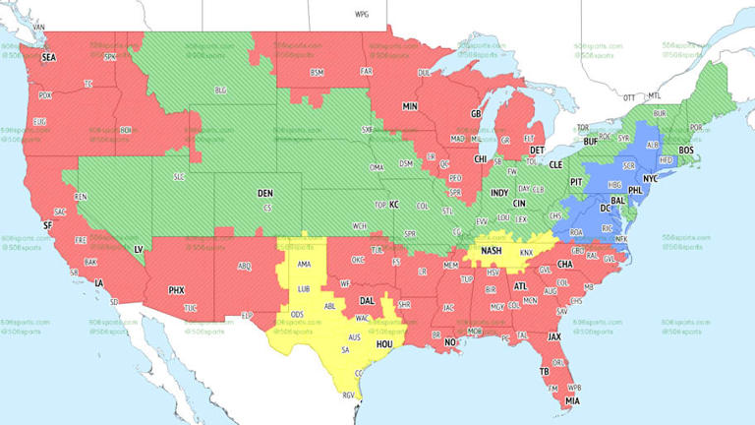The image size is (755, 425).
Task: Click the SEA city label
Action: pos(48,57)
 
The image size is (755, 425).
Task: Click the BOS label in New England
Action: pos(686,151)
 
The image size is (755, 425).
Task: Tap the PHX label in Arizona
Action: pos(176,290)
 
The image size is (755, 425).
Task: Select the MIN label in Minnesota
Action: pos(410,105)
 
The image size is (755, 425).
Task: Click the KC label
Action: pos(394,205)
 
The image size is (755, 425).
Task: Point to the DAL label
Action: pos(367,300)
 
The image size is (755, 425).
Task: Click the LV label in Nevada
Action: pos(138,250)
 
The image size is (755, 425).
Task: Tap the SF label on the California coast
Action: pos(46,225)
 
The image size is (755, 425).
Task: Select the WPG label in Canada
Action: pos(362,16)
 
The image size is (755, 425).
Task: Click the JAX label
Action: pos(554,336)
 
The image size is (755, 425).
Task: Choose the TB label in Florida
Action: pos(544,371)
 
